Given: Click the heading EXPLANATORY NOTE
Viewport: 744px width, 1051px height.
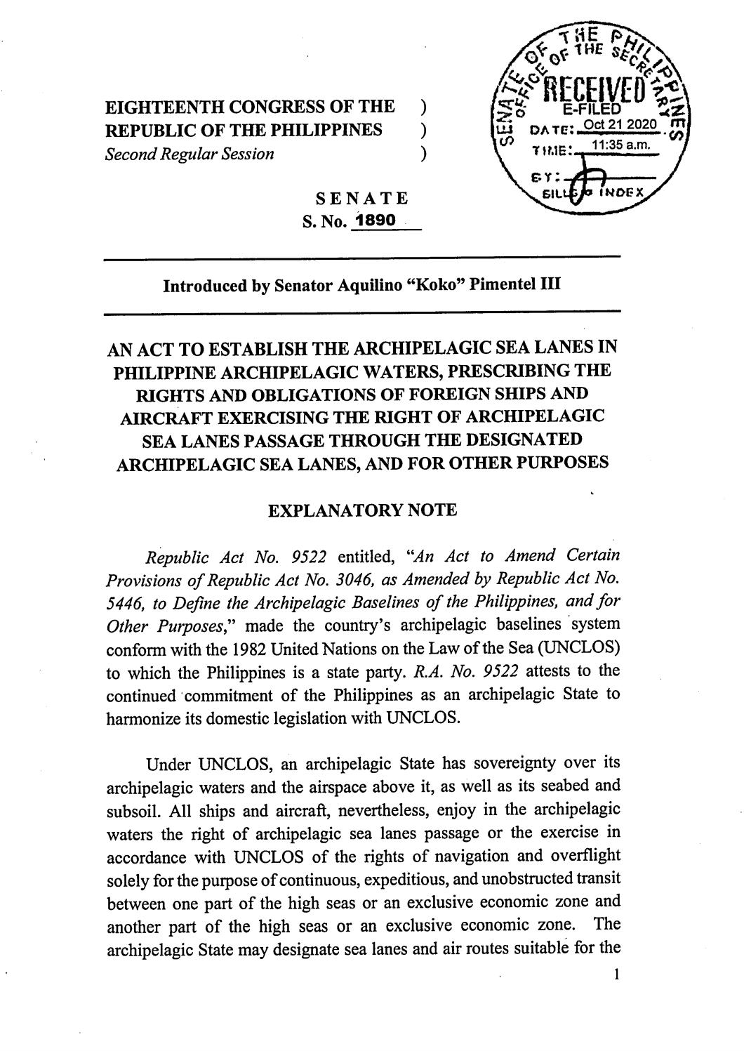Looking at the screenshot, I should (363, 510).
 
